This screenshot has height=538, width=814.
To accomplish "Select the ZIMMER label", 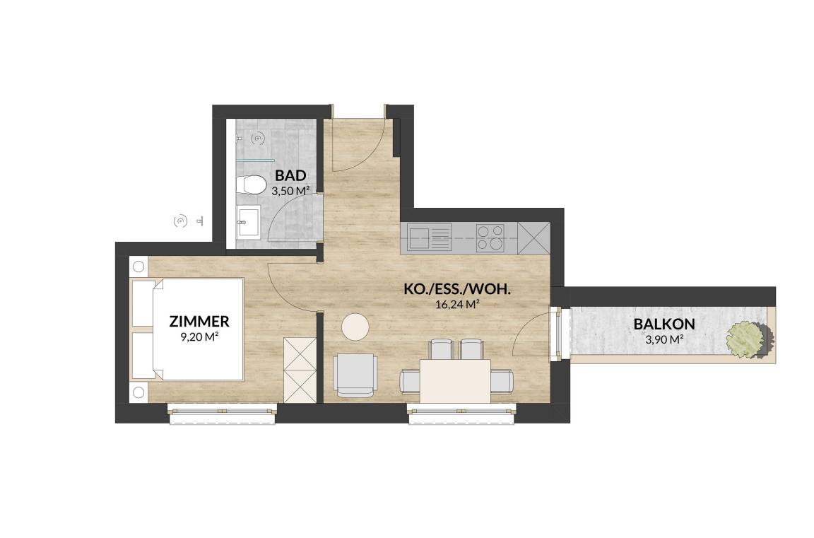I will tap(199, 322).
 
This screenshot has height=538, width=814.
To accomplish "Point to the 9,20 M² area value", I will tap(199, 337).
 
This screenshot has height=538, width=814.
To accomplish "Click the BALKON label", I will tap(664, 324).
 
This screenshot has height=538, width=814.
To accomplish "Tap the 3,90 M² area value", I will tap(664, 340).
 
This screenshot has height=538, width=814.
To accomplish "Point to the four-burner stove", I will tap(490, 238).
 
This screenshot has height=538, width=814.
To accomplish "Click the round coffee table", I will tap(355, 327).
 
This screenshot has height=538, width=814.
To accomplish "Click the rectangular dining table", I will tap(455, 381).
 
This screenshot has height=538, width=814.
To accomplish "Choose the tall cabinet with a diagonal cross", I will tap(533, 238).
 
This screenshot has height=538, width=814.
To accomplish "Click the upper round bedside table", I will tap(138, 267).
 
